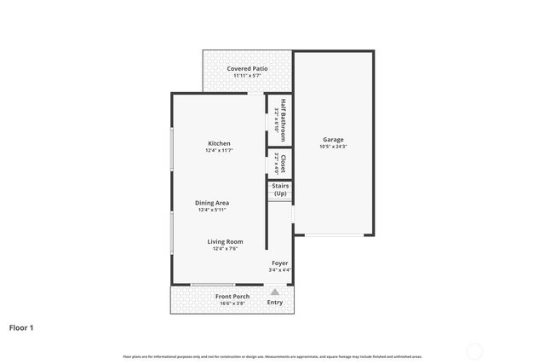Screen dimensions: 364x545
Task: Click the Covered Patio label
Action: (247, 68)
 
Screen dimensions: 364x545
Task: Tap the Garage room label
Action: (333, 139)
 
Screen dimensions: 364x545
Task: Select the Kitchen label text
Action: (219, 142)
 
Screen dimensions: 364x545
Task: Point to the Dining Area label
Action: (213, 202)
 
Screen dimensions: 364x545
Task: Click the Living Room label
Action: (225, 241)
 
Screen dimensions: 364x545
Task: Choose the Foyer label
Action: (279, 263)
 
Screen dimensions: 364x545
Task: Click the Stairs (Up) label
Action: (280, 189)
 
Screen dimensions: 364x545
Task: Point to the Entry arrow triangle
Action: (274, 292)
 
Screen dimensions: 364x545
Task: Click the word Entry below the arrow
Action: (275, 303)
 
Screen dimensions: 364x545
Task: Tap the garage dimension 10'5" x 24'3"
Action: (333, 147)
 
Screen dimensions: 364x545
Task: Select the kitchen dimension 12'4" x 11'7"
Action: (219, 150)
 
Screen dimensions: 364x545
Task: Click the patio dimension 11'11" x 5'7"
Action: (247, 76)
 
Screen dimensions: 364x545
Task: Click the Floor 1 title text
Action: (21, 327)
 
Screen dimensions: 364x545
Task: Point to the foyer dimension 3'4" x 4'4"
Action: (280, 270)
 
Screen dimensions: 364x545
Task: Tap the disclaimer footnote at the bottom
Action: (272, 356)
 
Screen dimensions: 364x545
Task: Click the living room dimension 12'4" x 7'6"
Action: (225, 249)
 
